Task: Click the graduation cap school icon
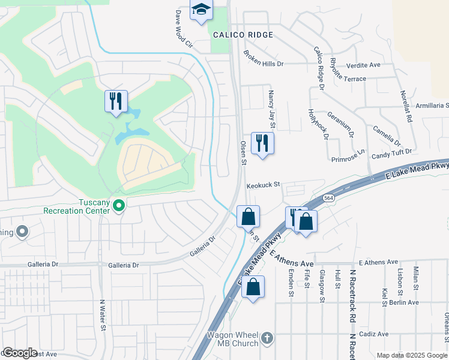tap(202, 10)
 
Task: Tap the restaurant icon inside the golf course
tap(116, 100)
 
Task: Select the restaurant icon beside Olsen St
tap(262, 142)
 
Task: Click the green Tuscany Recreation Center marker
tap(119, 206)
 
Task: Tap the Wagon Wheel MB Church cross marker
tap(267, 338)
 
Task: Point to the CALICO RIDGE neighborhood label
tap(243, 35)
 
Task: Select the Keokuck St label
tap(263, 185)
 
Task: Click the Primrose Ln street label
tap(348, 159)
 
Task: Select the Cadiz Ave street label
tap(375, 334)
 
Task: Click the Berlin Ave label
tap(403, 302)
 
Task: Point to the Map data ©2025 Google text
tap(412, 355)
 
